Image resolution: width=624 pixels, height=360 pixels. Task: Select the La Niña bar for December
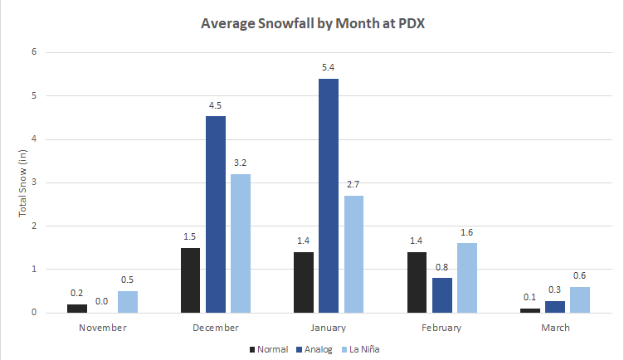pyautogui.click(x=241, y=243)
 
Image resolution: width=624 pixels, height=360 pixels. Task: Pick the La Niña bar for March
pyautogui.click(x=578, y=299)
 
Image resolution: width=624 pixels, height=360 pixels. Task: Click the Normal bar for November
pyautogui.click(x=77, y=308)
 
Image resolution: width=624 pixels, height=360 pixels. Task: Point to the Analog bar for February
pyautogui.click(x=441, y=295)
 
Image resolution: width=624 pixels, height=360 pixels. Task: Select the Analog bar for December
pyautogui.click(x=215, y=215)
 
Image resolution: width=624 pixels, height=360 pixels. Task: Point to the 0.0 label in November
pyautogui.click(x=103, y=300)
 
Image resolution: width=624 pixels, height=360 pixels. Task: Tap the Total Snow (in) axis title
pyautogui.click(x=23, y=183)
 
